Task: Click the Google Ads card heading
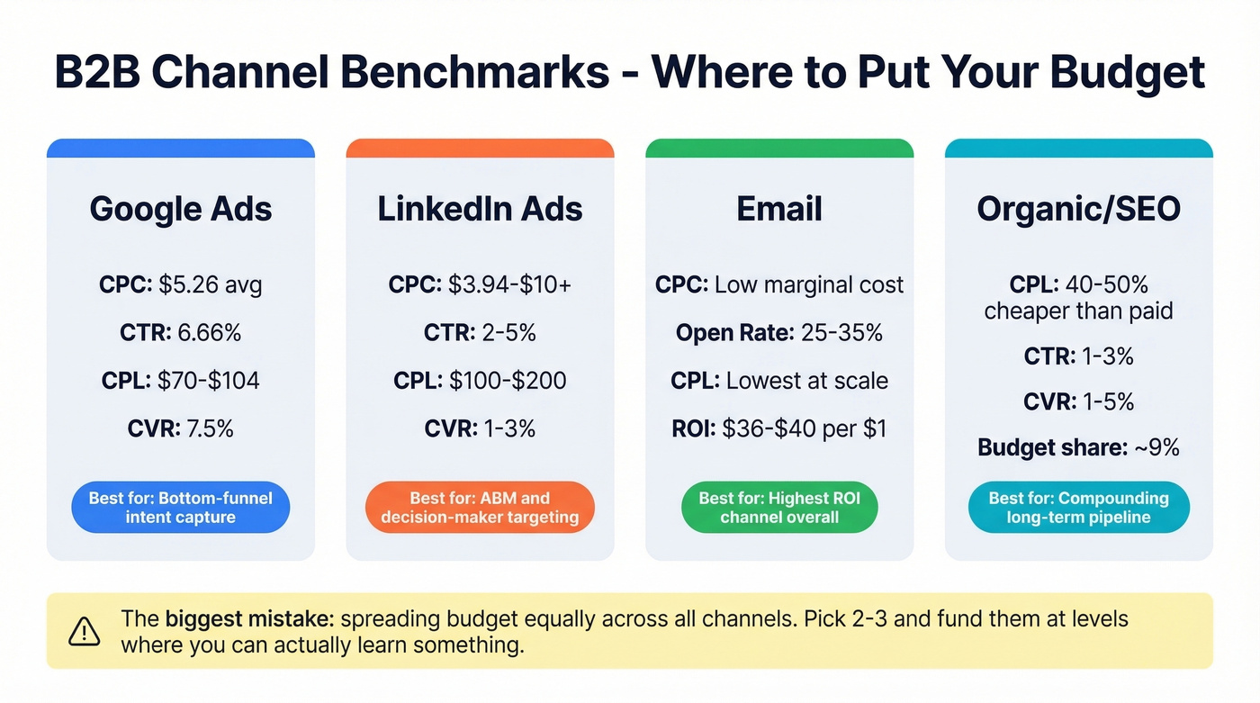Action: pyautogui.click(x=180, y=209)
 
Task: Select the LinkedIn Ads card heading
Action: pyautogui.click(x=480, y=209)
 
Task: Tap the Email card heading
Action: pyautogui.click(x=779, y=209)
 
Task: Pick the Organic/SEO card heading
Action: pyautogui.click(x=1078, y=209)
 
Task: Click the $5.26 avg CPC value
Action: pyautogui.click(x=210, y=285)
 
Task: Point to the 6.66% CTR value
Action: pyautogui.click(x=209, y=333)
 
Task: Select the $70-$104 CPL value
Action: pyautogui.click(x=208, y=381)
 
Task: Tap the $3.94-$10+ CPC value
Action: pyautogui.click(x=508, y=285)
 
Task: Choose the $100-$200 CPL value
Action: pyautogui.click(x=508, y=381)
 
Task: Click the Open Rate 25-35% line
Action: pyautogui.click(x=779, y=333)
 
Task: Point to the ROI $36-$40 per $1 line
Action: pyautogui.click(x=779, y=428)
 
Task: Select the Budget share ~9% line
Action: pyautogui.click(x=1078, y=447)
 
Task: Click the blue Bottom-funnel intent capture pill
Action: pyautogui.click(x=180, y=508)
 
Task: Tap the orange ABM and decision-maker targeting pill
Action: pyautogui.click(x=480, y=508)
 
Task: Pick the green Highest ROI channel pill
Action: pyautogui.click(x=779, y=508)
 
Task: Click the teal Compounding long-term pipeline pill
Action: pyautogui.click(x=1078, y=508)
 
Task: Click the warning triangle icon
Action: pyautogui.click(x=85, y=631)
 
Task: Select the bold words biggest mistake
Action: pyautogui.click(x=249, y=619)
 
